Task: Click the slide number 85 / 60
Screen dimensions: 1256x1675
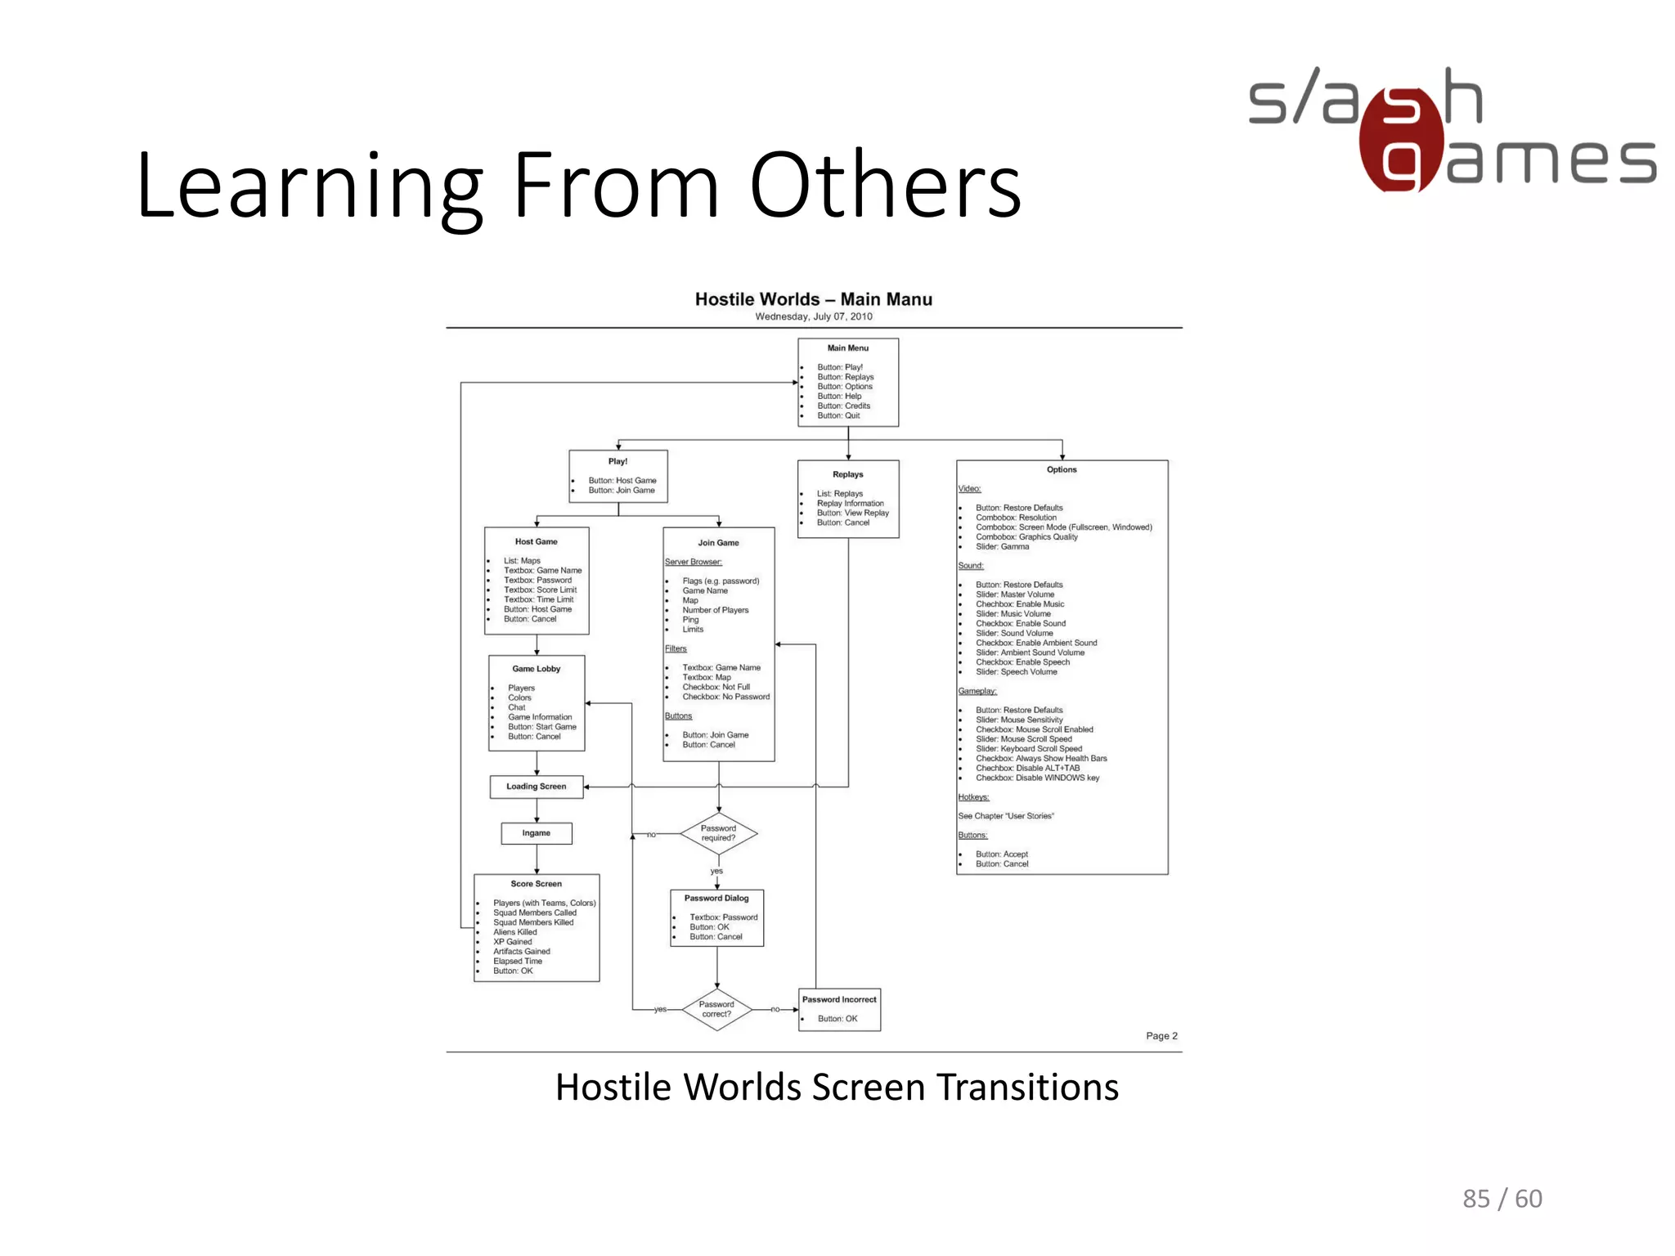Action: point(1502,1198)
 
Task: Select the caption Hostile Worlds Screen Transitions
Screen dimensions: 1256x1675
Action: point(837,1088)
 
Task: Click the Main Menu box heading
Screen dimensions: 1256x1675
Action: point(847,348)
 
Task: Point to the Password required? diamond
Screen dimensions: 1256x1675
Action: point(718,833)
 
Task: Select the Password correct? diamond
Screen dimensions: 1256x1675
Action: point(716,1009)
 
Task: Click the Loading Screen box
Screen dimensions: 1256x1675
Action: point(536,787)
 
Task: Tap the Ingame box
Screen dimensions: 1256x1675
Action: point(536,833)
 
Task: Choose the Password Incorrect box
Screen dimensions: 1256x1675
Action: point(839,1008)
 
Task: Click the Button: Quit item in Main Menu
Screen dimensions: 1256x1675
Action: point(838,415)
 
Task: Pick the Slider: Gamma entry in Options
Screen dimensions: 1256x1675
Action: point(1002,546)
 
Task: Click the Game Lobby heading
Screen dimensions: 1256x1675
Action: point(536,669)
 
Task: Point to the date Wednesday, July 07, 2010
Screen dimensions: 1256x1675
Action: point(813,316)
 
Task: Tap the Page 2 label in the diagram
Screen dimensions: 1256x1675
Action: point(1161,1036)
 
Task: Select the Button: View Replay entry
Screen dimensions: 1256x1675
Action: point(852,513)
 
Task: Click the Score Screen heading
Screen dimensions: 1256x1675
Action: point(536,884)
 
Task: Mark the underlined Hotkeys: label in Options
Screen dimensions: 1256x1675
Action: point(973,797)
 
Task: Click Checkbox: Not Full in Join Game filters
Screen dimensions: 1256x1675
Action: point(716,687)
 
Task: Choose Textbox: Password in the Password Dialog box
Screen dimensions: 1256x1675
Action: point(723,917)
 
